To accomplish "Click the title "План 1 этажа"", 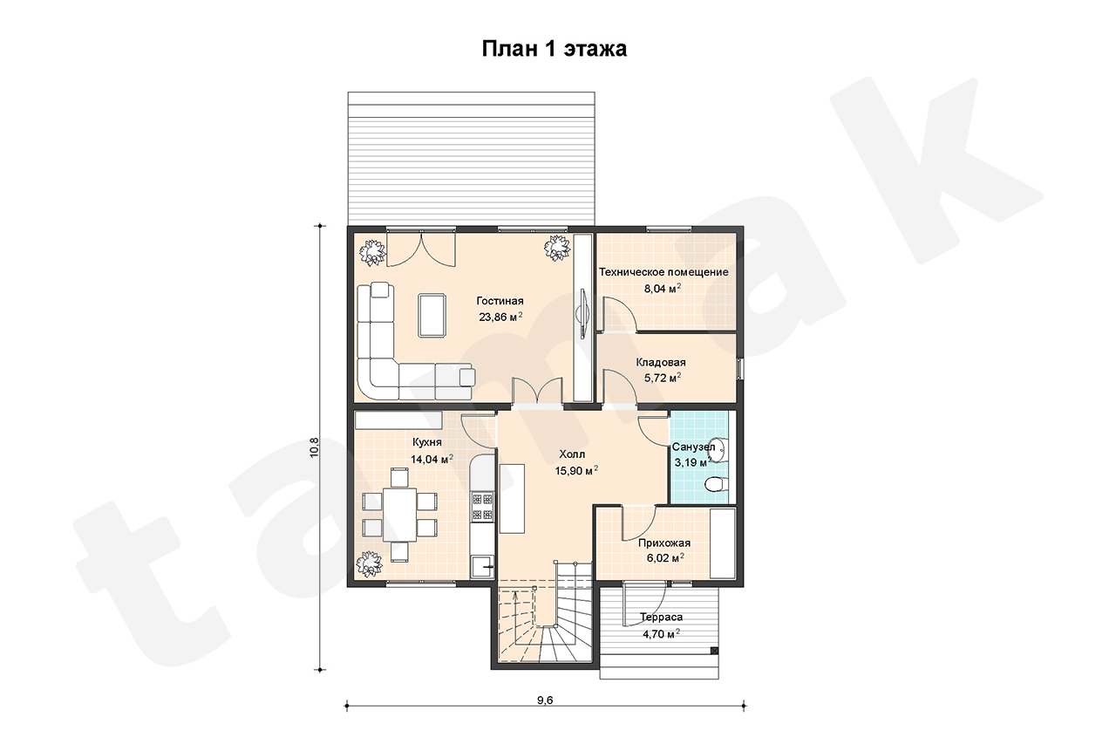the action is [x=554, y=49].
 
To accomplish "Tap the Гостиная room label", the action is [x=500, y=301].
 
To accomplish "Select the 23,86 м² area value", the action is [x=500, y=317].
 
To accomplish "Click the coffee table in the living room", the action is [x=432, y=316].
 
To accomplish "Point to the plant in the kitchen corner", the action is [x=370, y=563].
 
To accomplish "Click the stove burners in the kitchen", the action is [x=482, y=506].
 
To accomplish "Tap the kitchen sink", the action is [x=482, y=567].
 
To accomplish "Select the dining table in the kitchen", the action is [x=399, y=515].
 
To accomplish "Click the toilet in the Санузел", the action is [x=718, y=483].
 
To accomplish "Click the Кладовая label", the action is [x=661, y=362].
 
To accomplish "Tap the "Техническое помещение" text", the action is [x=663, y=272].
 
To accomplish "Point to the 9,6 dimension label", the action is [x=545, y=700].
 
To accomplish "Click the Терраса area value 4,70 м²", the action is [x=661, y=634].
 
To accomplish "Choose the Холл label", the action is [x=572, y=454].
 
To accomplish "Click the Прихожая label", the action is [x=664, y=543].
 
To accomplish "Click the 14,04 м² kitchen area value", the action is [x=432, y=459].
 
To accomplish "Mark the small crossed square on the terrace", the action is [x=714, y=651].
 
